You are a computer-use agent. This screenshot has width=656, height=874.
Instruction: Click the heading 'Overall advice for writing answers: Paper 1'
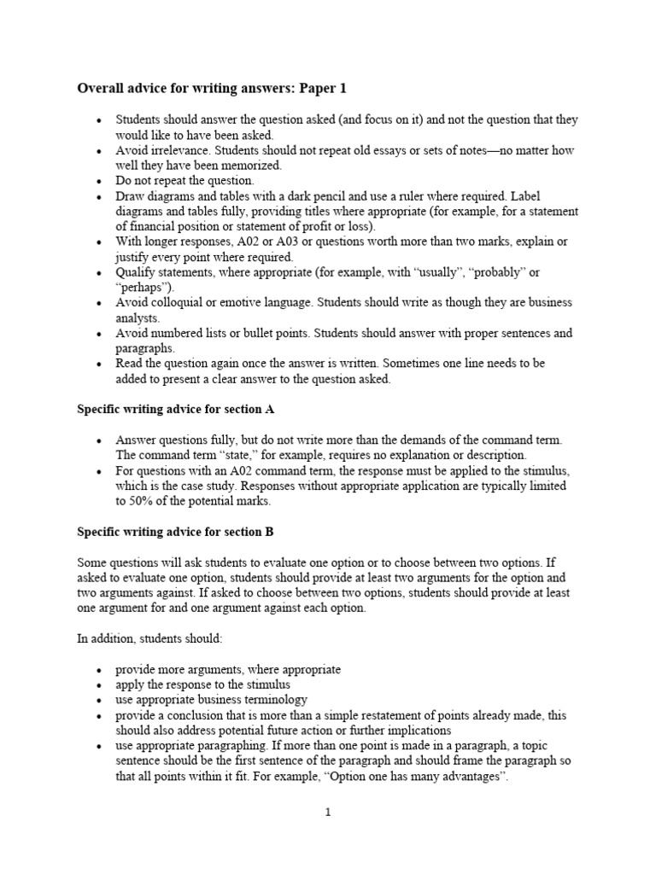click(x=213, y=88)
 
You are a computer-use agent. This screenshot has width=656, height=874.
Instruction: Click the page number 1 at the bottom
click(x=327, y=813)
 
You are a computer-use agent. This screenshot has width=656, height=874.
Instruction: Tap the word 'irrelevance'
click(x=184, y=150)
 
